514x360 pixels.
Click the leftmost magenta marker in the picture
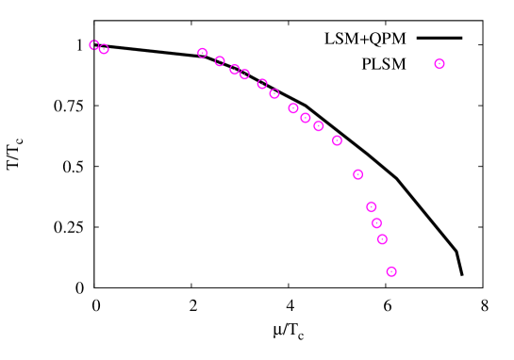click(94, 45)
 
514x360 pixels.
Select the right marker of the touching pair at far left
click(104, 49)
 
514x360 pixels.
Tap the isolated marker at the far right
click(439, 64)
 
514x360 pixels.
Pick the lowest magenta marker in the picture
click(391, 271)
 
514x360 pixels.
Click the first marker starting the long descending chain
click(202, 53)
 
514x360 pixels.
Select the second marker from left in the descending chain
click(220, 61)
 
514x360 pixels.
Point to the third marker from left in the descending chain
click(235, 69)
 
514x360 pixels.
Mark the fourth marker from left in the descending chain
click(244, 74)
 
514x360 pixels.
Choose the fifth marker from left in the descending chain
click(262, 84)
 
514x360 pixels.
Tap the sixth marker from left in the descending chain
click(274, 93)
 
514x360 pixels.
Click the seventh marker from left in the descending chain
click(293, 108)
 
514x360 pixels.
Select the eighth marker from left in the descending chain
click(306, 118)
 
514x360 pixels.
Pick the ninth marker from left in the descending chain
click(319, 125)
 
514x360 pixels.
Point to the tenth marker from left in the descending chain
click(337, 140)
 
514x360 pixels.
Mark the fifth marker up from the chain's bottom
click(358, 174)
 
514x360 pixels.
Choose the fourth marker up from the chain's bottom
click(372, 206)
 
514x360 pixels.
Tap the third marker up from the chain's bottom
click(377, 223)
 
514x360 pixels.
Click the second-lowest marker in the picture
click(382, 239)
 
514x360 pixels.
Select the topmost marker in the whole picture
click(94, 45)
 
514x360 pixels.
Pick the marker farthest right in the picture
click(439, 64)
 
